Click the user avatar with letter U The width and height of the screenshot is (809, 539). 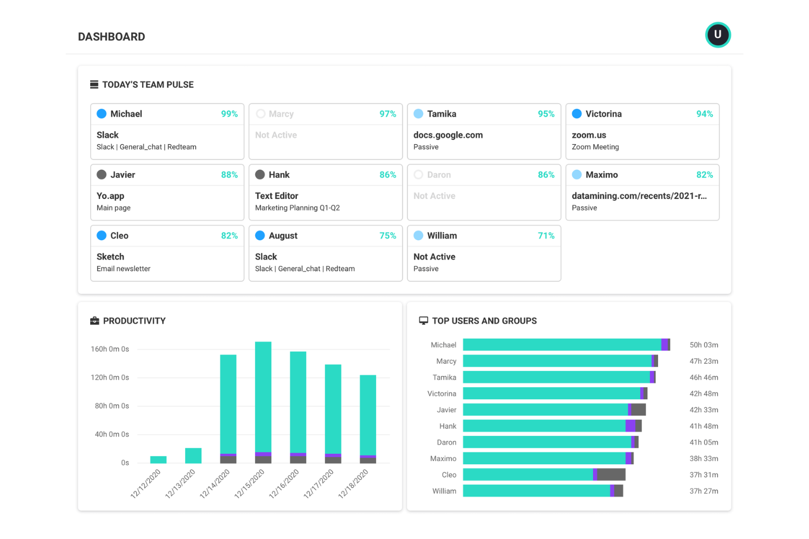point(717,35)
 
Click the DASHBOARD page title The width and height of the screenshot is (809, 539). point(112,37)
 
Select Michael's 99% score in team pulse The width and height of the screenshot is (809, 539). point(229,114)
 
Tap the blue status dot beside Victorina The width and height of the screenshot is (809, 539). point(577,114)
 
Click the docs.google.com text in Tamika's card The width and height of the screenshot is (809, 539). point(448,135)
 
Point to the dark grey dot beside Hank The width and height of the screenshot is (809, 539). point(260,175)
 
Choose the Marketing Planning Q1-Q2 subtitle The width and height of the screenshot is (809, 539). point(297,208)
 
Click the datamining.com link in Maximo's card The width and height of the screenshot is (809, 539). point(639,196)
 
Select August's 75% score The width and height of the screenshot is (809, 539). point(388,236)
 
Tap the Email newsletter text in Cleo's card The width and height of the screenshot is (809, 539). point(124,269)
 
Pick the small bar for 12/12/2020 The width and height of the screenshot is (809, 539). point(159,460)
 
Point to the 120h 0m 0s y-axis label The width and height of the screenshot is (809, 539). point(110,377)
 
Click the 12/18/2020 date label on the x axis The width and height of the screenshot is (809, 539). point(354,484)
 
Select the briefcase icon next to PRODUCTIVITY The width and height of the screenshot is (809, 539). point(95,321)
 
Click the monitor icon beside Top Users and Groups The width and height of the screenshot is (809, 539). point(423,321)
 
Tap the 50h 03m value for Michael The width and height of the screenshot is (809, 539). point(704,345)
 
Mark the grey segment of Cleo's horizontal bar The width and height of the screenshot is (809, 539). point(611,475)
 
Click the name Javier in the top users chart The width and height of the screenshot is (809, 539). point(446,410)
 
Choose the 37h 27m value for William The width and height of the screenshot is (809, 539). point(704,491)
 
